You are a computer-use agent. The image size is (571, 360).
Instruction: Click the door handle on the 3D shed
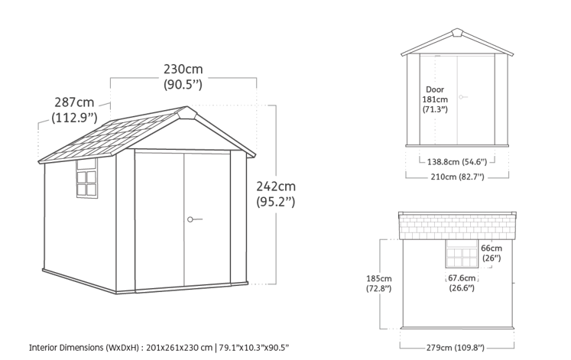pyautogui.click(x=194, y=219)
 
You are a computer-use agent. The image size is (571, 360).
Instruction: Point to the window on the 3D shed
pyautogui.click(x=87, y=178)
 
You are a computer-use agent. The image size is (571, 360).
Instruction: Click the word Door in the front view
pyautogui.click(x=435, y=89)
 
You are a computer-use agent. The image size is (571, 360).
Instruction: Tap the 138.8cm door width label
pyautogui.click(x=456, y=161)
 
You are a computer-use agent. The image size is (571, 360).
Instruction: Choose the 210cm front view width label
pyautogui.click(x=457, y=177)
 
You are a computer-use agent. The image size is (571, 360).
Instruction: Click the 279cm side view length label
pyautogui.click(x=456, y=348)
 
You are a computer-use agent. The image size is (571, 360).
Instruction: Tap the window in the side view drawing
pyautogui.click(x=462, y=254)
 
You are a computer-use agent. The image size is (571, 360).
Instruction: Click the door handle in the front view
pyautogui.click(x=463, y=97)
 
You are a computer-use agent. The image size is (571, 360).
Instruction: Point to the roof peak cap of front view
pyautogui.click(x=457, y=33)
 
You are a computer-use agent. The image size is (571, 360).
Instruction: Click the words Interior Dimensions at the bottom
pyautogui.click(x=67, y=348)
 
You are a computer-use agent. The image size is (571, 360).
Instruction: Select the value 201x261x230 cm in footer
pyautogui.click(x=179, y=348)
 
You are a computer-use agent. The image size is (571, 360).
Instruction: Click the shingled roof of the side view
pyautogui.click(x=457, y=226)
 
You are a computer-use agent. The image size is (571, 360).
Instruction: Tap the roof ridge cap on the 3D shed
pyautogui.click(x=187, y=112)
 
